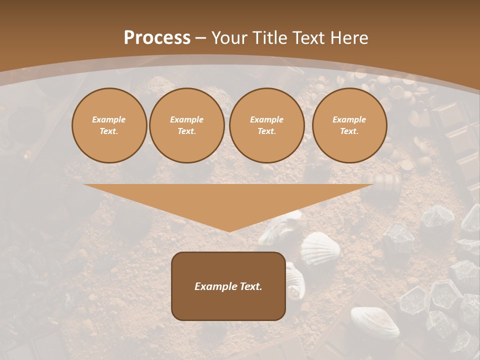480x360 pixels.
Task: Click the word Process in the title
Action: (x=157, y=38)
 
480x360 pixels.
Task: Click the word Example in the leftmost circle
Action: (x=109, y=119)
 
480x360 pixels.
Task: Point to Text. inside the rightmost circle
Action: (x=349, y=131)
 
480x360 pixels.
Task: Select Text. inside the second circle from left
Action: (x=187, y=131)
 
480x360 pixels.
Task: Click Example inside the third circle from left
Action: (x=267, y=119)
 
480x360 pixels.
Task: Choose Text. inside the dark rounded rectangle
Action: (x=250, y=286)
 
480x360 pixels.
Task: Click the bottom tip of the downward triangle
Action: (x=229, y=231)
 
